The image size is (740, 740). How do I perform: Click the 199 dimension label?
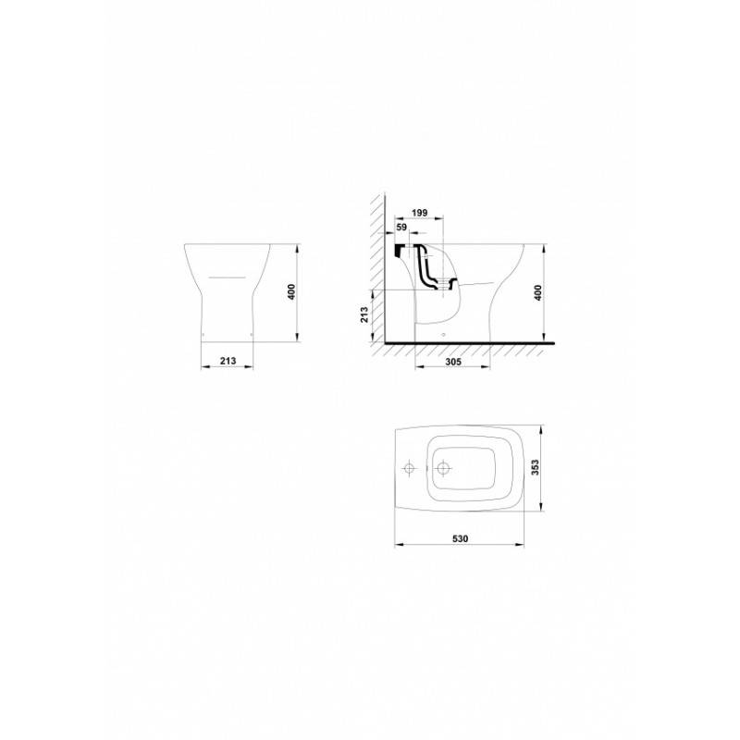click(420, 213)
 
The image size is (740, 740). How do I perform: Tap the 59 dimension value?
click(401, 228)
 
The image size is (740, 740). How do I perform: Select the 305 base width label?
click(453, 362)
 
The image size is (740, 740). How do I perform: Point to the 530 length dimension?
click(460, 538)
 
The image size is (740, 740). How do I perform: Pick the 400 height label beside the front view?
click(291, 292)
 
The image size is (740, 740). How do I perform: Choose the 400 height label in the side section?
click(537, 292)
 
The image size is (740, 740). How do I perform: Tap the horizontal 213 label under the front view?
click(228, 361)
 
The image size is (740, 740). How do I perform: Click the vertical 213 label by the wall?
click(364, 314)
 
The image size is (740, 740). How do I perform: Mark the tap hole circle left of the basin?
click(409, 468)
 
